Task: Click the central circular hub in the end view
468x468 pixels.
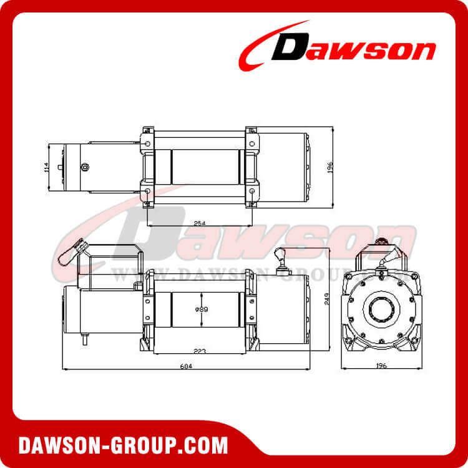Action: (380, 310)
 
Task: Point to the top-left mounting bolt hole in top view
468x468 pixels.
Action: (147, 144)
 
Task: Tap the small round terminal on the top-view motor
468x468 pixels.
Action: (85, 167)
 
